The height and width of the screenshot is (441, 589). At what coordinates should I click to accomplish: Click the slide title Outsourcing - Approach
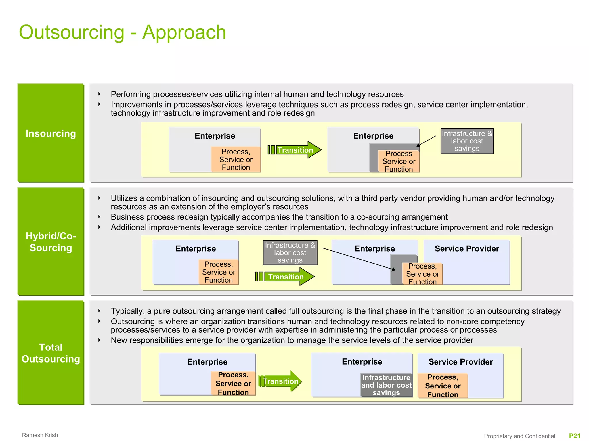pos(123,32)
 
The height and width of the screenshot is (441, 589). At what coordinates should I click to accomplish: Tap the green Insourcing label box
pos(51,133)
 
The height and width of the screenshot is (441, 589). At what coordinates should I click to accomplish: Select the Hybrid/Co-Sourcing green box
pos(51,241)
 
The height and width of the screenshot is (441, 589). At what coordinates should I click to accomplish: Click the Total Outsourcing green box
pos(51,353)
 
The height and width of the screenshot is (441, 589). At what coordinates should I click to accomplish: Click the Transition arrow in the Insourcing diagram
pos(295,150)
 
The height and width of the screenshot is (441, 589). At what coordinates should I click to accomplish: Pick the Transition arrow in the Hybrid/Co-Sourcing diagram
pos(286,277)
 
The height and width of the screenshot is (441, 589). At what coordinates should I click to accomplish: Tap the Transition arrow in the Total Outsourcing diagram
pos(280,381)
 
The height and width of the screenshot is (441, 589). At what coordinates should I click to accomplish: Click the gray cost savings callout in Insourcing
pos(467,141)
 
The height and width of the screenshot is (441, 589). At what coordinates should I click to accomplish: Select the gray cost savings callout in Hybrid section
pos(290,253)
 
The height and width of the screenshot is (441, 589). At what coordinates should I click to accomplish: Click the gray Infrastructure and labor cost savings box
pos(386,385)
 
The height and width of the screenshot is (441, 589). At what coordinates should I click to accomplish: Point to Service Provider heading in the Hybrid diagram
pos(467,248)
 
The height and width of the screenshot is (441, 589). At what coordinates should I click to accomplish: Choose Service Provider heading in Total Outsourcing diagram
pos(460,362)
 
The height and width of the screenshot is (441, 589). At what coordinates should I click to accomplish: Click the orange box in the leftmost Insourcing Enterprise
pos(236,160)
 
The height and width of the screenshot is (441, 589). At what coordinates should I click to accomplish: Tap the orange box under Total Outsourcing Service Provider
pos(443,386)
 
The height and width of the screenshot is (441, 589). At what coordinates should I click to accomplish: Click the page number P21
pos(575,436)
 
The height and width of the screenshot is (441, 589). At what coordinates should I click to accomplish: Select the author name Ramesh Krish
pos(40,435)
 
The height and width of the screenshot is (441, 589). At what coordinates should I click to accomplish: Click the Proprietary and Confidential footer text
pos(519,436)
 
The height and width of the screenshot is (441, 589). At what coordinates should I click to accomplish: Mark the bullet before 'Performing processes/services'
pos(99,94)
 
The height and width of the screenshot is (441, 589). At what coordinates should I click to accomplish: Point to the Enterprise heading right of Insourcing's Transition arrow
pos(373,136)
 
